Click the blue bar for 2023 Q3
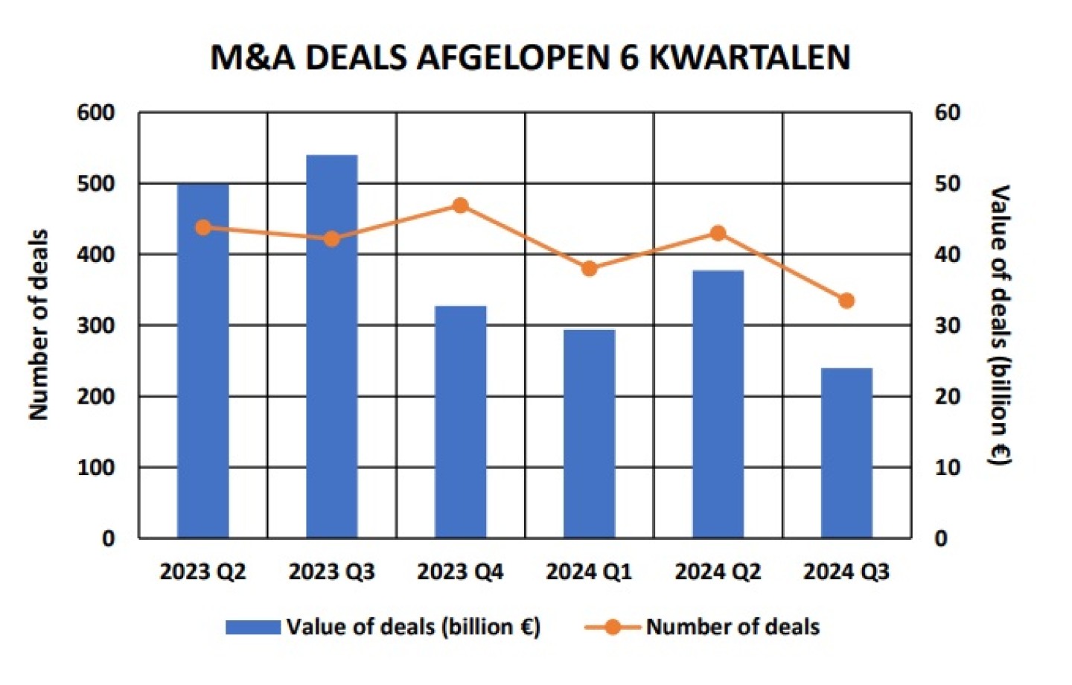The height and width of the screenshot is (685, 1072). click(332, 346)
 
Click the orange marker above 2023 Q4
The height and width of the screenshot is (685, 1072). click(461, 205)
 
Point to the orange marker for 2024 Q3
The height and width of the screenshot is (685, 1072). click(846, 301)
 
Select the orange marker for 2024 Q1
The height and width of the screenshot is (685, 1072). click(590, 269)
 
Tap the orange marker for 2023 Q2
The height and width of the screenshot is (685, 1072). click(203, 228)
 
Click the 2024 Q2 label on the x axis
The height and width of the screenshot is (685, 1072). click(718, 572)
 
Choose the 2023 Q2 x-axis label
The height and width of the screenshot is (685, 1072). click(203, 572)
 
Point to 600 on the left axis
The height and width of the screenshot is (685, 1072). click(96, 112)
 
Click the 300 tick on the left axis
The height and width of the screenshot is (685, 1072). click(96, 325)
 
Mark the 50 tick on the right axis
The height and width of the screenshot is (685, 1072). click(948, 183)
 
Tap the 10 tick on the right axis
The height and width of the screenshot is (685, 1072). click(948, 468)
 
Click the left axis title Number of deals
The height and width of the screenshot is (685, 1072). click(39, 325)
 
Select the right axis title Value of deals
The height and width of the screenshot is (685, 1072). click(1000, 325)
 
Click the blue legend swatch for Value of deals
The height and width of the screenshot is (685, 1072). click(253, 627)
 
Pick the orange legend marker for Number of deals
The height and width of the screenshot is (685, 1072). click(613, 627)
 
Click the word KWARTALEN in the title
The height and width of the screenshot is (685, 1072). click(750, 58)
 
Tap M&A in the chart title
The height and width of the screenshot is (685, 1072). click(254, 58)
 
